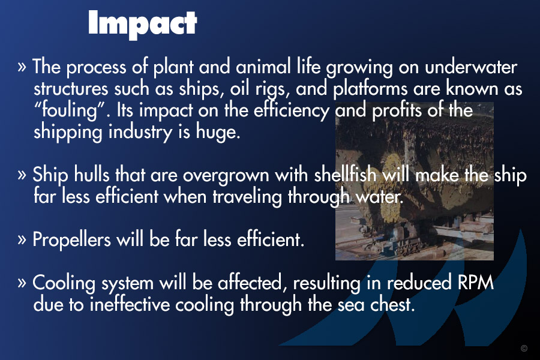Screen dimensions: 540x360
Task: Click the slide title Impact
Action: coord(143,23)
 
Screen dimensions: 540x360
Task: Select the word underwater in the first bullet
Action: coord(471,67)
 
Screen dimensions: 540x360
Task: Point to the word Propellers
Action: coord(71,239)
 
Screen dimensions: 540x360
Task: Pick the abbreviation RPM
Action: coord(476,283)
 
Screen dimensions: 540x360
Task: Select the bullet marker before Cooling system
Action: coord(22,283)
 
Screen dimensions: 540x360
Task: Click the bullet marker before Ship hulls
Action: coord(22,175)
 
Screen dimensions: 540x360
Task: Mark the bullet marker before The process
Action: coord(22,67)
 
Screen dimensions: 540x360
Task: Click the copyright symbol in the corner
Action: coord(524,348)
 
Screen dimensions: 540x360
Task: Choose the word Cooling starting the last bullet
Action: coord(64,283)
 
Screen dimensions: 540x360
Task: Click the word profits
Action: coord(397,111)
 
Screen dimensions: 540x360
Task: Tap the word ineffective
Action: coord(130,304)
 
